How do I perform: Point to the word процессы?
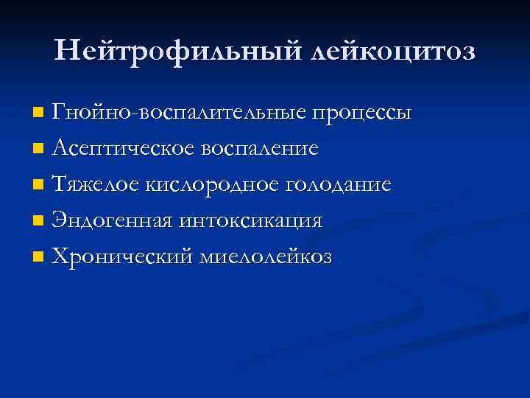[361, 115]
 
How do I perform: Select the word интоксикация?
[250, 220]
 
